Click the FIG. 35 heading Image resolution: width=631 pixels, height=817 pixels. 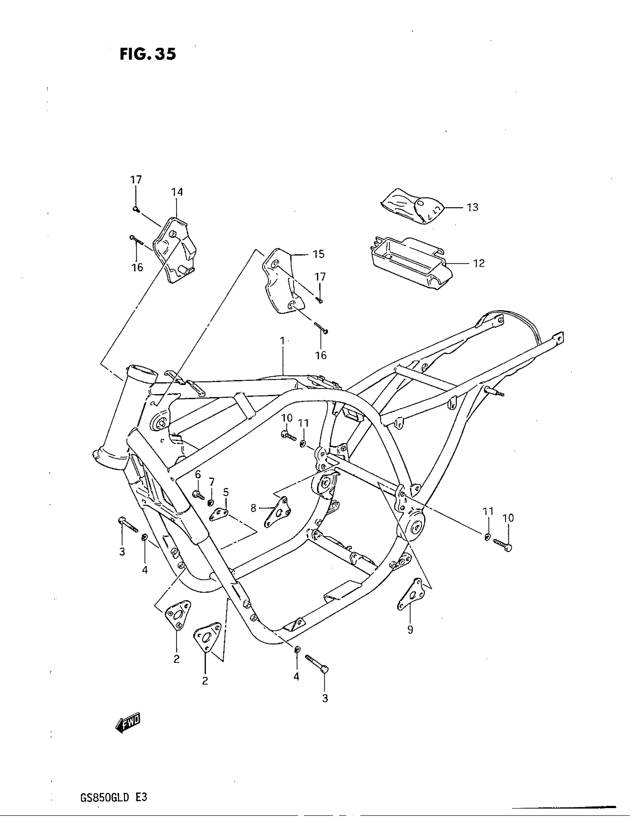148,55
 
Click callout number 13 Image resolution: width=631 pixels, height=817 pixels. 473,207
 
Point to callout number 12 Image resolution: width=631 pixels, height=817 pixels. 479,263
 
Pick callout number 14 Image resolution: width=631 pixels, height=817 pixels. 177,192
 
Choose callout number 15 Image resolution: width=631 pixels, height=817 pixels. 318,254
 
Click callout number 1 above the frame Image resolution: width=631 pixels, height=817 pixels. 282,341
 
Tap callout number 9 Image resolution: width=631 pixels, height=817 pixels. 410,630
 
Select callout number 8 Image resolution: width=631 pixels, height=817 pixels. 254,508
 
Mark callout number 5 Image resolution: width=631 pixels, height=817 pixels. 226,492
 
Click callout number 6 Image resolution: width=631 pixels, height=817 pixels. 198,475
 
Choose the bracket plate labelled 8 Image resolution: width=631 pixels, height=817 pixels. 278,512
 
